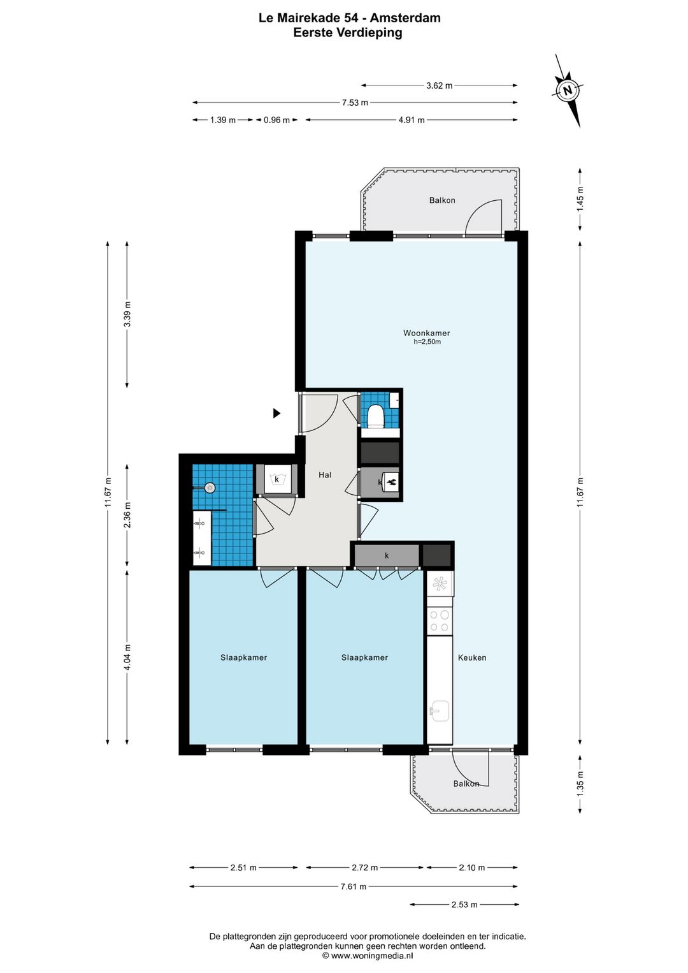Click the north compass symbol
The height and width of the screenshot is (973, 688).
click(x=567, y=91)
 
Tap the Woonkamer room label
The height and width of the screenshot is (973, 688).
click(x=426, y=333)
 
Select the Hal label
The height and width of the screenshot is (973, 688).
click(x=325, y=475)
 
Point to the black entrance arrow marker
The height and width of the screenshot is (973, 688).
click(x=276, y=413)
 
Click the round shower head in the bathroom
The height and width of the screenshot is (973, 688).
click(x=210, y=487)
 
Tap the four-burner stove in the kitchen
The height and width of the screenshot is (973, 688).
click(x=440, y=621)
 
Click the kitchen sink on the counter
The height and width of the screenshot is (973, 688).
click(x=440, y=711)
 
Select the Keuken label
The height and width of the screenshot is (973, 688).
click(x=472, y=657)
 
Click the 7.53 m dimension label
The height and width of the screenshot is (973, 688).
click(x=355, y=103)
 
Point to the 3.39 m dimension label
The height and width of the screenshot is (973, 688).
click(x=127, y=314)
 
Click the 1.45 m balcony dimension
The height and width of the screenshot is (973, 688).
click(x=580, y=198)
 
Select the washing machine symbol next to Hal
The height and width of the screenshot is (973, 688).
click(x=276, y=479)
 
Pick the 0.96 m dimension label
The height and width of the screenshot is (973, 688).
click(x=276, y=121)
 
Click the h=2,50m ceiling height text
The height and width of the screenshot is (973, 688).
click(x=427, y=342)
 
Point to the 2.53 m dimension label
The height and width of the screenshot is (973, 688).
click(x=464, y=905)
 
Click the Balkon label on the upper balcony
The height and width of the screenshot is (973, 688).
click(x=442, y=200)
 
